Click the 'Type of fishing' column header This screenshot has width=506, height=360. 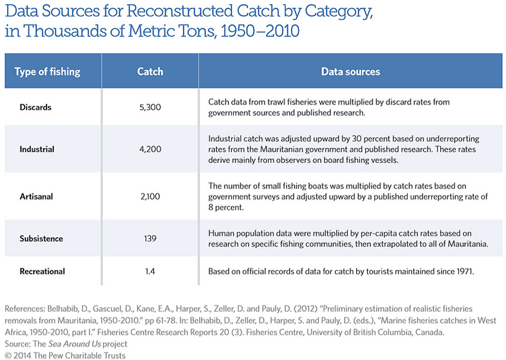47,72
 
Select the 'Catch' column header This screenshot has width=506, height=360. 150,72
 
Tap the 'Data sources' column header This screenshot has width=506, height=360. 351,72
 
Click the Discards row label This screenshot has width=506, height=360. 35,107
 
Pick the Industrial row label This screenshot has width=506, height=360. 37,149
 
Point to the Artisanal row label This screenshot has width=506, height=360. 36,197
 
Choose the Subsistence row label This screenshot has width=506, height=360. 41,238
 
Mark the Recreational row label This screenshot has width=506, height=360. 42,271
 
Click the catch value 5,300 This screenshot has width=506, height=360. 150,107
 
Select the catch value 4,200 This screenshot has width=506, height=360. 150,149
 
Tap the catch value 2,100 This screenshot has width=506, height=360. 150,197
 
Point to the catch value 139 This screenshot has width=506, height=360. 150,238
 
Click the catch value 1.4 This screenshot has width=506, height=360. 150,271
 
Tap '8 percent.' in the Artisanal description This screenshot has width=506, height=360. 226,208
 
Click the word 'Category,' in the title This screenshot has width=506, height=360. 339,12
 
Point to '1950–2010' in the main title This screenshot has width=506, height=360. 260,31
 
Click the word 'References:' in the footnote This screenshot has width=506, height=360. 25,309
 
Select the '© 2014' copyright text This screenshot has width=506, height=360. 18,355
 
